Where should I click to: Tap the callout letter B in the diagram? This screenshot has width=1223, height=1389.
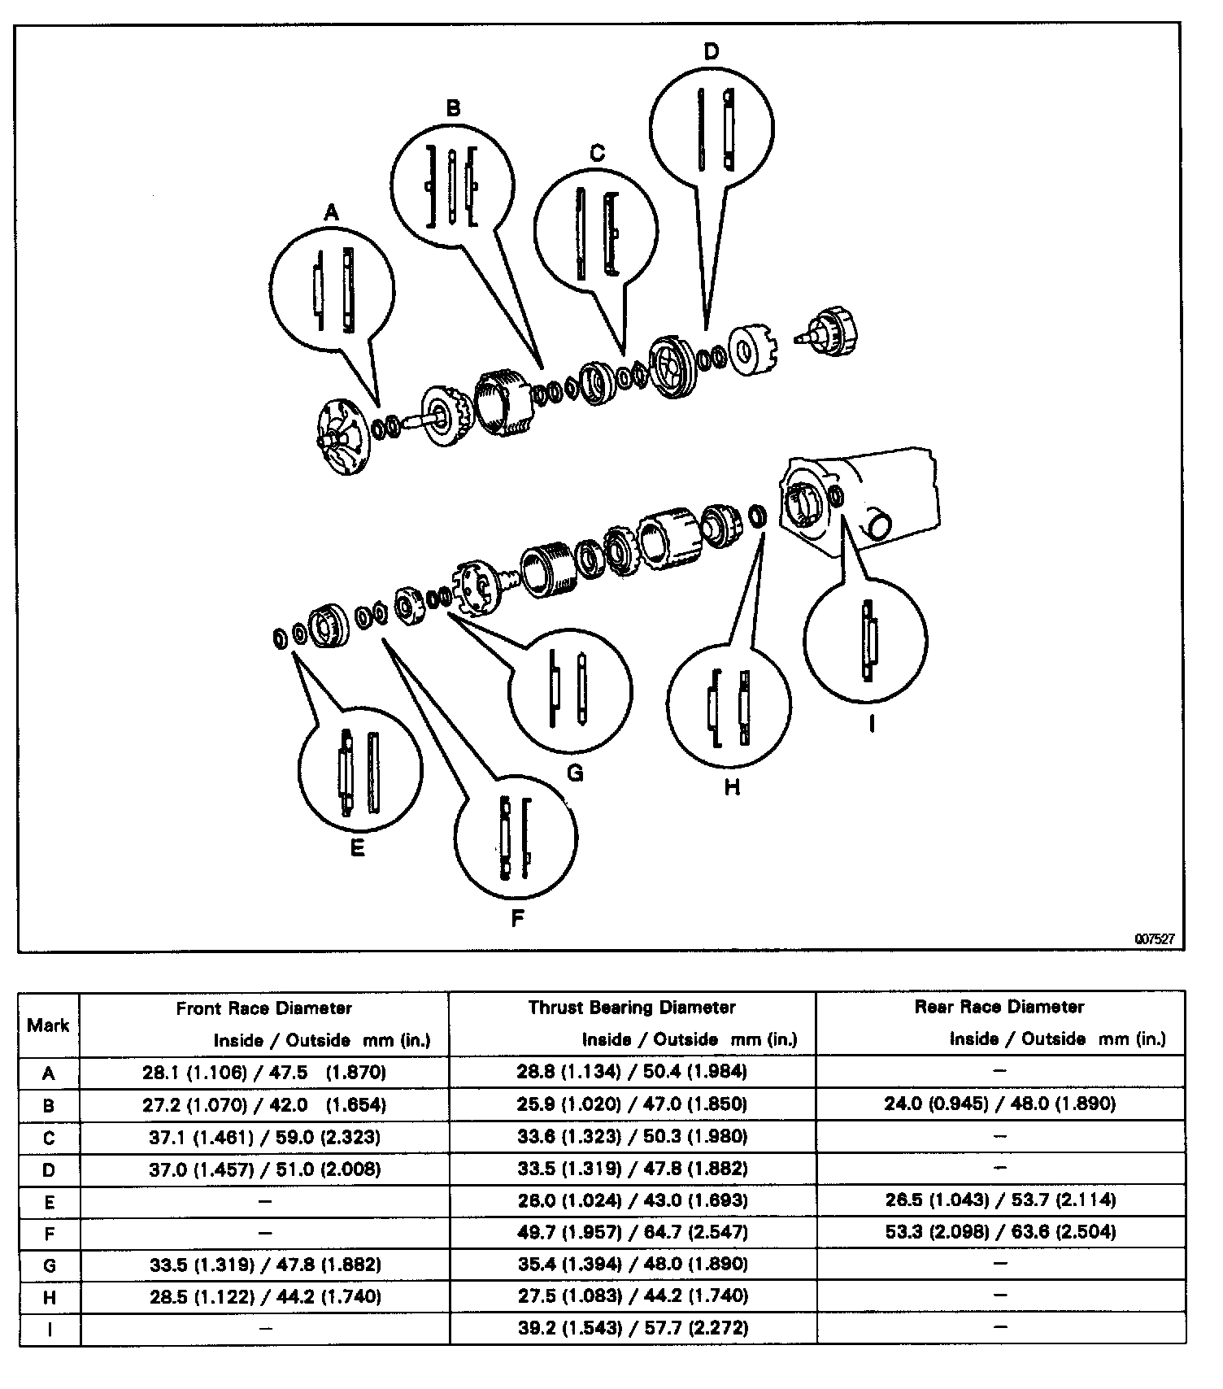(454, 108)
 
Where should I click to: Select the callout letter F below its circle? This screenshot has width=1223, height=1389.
(517, 918)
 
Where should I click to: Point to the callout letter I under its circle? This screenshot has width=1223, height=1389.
(871, 723)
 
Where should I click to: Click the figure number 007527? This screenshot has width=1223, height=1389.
(1155, 938)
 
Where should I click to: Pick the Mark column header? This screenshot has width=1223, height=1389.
(48, 1025)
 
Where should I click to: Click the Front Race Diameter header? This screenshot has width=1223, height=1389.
(264, 1008)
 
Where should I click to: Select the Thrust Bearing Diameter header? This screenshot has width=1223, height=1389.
(632, 1008)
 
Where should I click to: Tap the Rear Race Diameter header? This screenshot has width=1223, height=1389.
(999, 1007)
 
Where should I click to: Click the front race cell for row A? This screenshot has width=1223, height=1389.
(264, 1073)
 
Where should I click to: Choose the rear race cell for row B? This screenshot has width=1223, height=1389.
(999, 1104)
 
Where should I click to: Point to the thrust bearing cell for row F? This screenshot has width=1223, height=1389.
(632, 1232)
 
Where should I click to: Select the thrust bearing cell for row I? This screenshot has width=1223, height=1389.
(632, 1328)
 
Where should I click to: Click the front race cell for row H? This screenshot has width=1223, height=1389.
(264, 1296)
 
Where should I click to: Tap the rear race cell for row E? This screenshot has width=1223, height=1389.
(999, 1200)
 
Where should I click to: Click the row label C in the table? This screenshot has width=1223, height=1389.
(49, 1137)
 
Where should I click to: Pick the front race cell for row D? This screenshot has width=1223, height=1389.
(264, 1169)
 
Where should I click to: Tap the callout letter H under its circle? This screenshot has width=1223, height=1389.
(732, 787)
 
